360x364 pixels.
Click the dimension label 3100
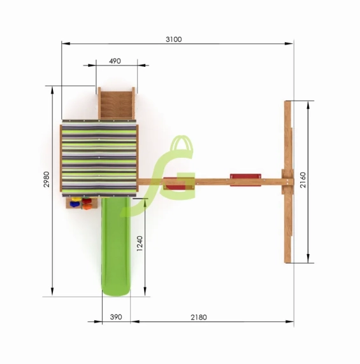[x=173, y=39]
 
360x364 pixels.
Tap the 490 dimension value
[x=115, y=61]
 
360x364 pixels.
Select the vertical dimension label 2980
[x=47, y=179]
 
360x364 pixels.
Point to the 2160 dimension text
[x=303, y=180]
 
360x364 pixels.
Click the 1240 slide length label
[x=140, y=244]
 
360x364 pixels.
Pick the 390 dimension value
[x=116, y=317]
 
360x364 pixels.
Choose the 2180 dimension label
[x=199, y=317]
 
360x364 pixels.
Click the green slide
[x=116, y=246]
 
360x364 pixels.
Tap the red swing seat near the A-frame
[x=245, y=179]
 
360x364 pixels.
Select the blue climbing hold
[x=75, y=204]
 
